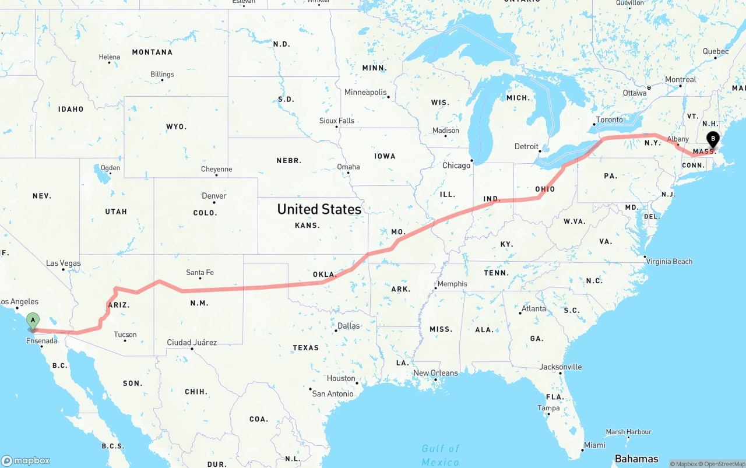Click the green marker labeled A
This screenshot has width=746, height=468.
point(33,320)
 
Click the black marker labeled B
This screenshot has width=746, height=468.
point(712,139)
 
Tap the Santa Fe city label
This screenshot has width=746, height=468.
point(199,272)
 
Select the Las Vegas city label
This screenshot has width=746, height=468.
point(64,263)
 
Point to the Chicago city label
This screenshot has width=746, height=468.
point(456,166)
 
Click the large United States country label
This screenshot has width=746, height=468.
point(319,209)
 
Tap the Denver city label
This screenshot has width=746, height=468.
point(214,196)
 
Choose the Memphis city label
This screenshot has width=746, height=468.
point(452,284)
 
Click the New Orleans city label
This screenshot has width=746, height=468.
point(435,373)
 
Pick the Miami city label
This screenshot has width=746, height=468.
point(594,445)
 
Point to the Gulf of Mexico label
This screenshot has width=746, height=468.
point(441,455)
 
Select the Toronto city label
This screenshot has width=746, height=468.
point(609,119)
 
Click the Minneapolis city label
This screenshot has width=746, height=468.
point(365,92)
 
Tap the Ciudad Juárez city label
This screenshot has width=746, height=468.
point(192,342)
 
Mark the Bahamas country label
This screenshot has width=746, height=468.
point(636,459)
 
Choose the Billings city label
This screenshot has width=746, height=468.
point(162,74)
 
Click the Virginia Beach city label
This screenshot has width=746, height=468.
point(669,261)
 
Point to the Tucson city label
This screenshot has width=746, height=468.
point(125,335)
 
